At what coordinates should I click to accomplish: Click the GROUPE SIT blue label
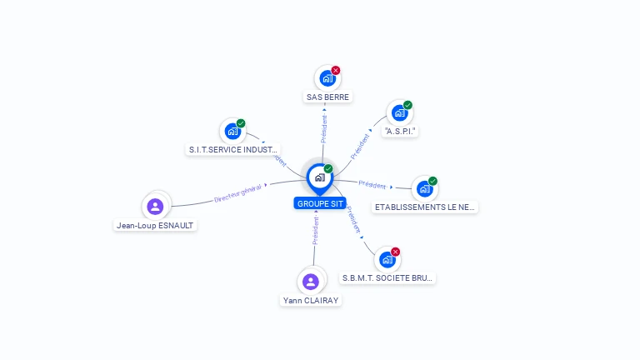(319, 203)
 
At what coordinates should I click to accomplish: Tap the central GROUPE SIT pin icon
(319, 177)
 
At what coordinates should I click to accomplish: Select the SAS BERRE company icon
(327, 78)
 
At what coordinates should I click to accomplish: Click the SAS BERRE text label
(327, 97)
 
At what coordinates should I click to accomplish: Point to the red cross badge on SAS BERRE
(336, 70)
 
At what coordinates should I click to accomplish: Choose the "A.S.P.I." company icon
(399, 113)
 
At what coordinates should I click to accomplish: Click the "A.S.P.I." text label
(400, 131)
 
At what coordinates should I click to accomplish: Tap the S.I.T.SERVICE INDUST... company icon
(232, 131)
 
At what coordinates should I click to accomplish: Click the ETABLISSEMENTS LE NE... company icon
(424, 188)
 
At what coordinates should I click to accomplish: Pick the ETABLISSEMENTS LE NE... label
(425, 207)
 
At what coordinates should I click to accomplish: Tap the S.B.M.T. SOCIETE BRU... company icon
(387, 259)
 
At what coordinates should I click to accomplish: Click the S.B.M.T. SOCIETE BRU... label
(387, 277)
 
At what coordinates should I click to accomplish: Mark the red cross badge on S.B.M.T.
(396, 252)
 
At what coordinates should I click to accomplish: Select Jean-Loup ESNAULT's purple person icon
(155, 206)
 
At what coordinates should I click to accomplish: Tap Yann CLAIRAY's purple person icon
(311, 282)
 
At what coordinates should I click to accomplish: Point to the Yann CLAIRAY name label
(311, 300)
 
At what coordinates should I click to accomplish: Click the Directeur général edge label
(238, 193)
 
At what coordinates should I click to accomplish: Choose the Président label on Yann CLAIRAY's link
(316, 230)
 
